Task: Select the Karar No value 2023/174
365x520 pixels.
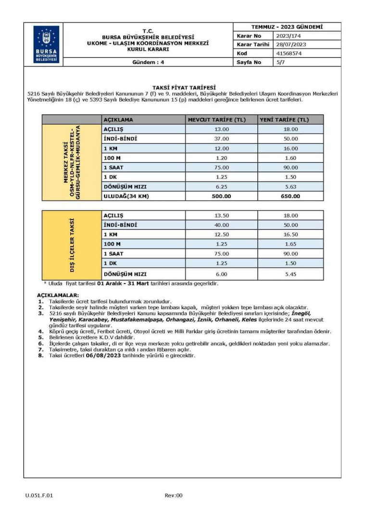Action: click(286, 36)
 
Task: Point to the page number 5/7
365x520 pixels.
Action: click(281, 62)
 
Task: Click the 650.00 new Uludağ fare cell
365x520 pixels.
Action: click(290, 196)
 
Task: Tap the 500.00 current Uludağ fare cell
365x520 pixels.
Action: click(221, 196)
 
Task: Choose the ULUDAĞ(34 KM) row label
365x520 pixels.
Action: click(127, 196)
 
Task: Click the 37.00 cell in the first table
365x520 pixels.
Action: click(221, 139)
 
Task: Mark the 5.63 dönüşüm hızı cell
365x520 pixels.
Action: click(290, 186)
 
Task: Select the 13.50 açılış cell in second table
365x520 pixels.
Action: click(221, 215)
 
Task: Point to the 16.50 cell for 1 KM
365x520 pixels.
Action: click(290, 234)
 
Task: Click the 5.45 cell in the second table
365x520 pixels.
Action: click(290, 274)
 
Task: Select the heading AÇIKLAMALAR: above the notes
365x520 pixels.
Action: click(58, 295)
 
